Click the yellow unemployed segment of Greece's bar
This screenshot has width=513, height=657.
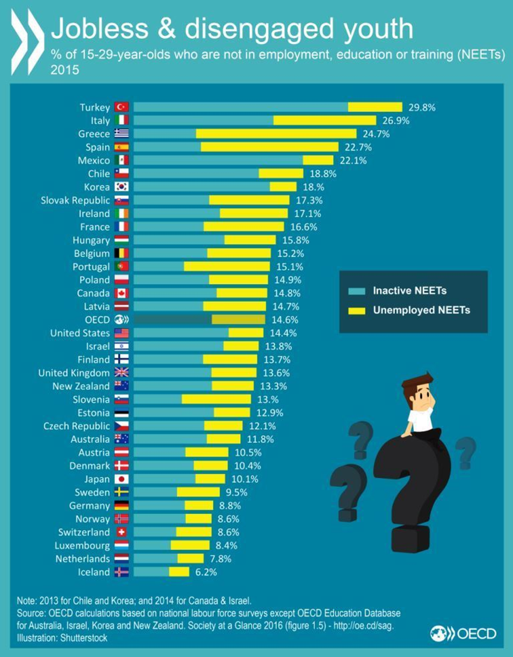point(276,133)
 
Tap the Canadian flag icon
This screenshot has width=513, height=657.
point(121,293)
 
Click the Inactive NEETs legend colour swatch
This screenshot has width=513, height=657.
point(358,291)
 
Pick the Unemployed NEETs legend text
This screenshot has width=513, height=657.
point(421,310)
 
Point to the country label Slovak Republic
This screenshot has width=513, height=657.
point(76,200)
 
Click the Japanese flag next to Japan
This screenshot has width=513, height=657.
point(121,479)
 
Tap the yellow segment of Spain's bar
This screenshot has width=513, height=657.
point(269,147)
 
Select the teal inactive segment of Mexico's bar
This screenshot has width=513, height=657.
point(218,160)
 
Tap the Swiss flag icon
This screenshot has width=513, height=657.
point(121,532)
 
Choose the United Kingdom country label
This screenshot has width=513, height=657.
point(74,373)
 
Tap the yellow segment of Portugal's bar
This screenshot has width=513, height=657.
point(227,266)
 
